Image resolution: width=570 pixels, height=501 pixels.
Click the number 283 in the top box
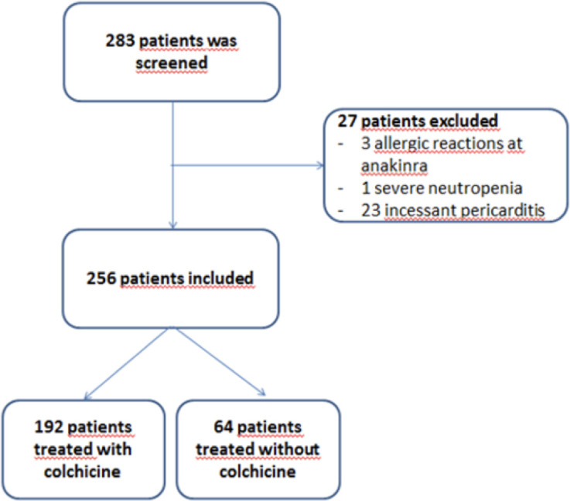[x=120, y=40]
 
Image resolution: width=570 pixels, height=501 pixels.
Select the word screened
[x=172, y=63]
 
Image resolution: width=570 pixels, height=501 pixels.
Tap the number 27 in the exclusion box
[x=347, y=121]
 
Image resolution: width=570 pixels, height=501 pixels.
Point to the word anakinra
[x=394, y=165]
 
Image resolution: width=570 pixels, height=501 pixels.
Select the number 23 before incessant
[x=370, y=210]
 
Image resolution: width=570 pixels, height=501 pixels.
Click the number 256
[x=101, y=278]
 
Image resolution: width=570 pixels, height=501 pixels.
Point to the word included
[x=220, y=278]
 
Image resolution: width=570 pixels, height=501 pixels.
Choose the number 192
[x=49, y=427]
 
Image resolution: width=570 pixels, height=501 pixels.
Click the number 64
[x=224, y=427]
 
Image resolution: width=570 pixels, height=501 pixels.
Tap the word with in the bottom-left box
[x=114, y=449]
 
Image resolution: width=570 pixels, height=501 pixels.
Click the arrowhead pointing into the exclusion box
[x=321, y=165]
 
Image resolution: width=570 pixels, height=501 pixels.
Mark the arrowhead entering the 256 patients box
[x=173, y=225]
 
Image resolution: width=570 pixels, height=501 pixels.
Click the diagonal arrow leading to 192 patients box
[x=126, y=363]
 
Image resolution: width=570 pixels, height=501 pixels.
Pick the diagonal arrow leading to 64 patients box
[x=220, y=362]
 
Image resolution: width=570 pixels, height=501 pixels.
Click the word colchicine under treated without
[x=258, y=472]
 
